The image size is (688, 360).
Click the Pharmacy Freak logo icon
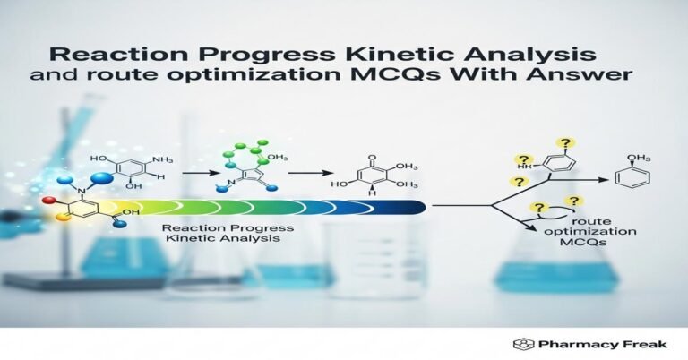click(519, 344)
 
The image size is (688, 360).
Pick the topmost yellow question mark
click(565, 142)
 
